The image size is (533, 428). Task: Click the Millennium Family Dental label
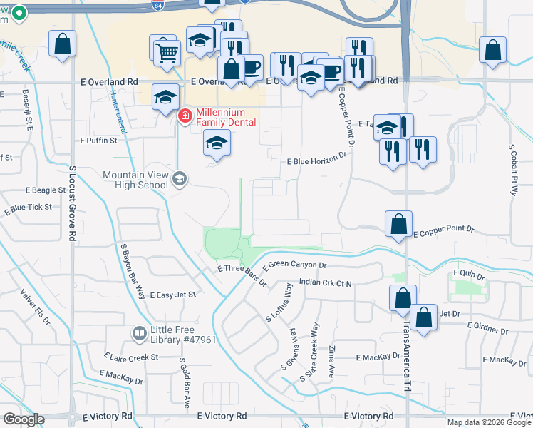[x=221, y=118]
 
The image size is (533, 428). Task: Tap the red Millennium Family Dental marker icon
[x=185, y=114]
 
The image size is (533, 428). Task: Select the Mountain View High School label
[x=135, y=180]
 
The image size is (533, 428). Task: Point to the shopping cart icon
[x=166, y=51]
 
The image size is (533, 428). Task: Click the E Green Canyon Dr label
[x=294, y=265]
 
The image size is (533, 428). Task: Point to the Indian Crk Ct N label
[x=326, y=283]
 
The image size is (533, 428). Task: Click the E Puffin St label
[x=98, y=141]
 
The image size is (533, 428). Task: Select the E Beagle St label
[x=46, y=191]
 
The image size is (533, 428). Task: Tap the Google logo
[x=23, y=419]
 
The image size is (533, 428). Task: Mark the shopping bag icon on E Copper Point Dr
[x=398, y=224]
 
